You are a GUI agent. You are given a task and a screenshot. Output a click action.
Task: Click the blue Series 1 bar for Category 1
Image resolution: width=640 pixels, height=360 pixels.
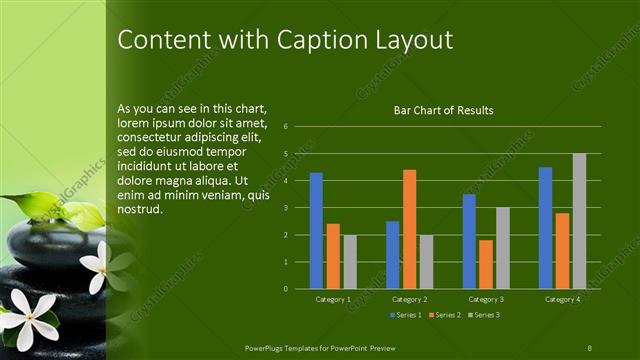tap(316, 231)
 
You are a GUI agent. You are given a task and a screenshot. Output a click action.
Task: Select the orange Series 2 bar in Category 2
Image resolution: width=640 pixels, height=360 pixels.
tap(409, 229)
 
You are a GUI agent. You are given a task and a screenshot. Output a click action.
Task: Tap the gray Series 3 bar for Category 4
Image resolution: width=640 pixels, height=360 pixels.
tap(579, 221)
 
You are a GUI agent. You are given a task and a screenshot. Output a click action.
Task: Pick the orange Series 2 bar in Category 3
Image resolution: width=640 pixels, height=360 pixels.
tap(486, 264)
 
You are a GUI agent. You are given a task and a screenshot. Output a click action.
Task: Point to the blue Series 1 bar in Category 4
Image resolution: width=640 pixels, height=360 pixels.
tap(545, 228)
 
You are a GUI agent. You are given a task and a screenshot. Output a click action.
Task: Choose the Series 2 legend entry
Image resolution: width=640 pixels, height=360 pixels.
tap(444, 316)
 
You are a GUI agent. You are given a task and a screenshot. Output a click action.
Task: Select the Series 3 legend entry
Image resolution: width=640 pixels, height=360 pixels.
tap(486, 316)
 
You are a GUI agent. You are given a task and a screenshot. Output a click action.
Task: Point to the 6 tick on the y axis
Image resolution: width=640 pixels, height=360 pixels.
tap(286, 127)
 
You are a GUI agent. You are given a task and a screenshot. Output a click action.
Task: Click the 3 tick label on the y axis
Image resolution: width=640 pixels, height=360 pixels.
tap(286, 208)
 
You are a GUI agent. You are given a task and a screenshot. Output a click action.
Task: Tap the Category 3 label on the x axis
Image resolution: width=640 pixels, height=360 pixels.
tap(486, 299)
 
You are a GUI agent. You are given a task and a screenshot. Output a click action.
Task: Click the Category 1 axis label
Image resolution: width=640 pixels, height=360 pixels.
tap(333, 299)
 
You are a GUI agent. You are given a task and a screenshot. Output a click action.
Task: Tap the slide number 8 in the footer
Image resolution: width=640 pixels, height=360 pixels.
tap(589, 346)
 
